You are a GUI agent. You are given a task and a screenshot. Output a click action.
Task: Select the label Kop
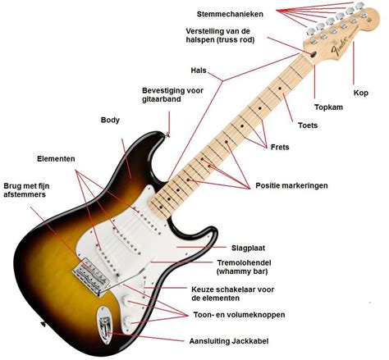[360, 92]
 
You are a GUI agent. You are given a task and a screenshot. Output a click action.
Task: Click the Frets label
[280, 148]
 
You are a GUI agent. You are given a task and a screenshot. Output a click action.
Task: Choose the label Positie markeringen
[291, 186]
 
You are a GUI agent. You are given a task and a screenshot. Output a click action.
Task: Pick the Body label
[110, 120]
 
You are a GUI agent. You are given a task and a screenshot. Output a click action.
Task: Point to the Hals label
[198, 71]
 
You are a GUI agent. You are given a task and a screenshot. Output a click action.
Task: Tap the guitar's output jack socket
[104, 326]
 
